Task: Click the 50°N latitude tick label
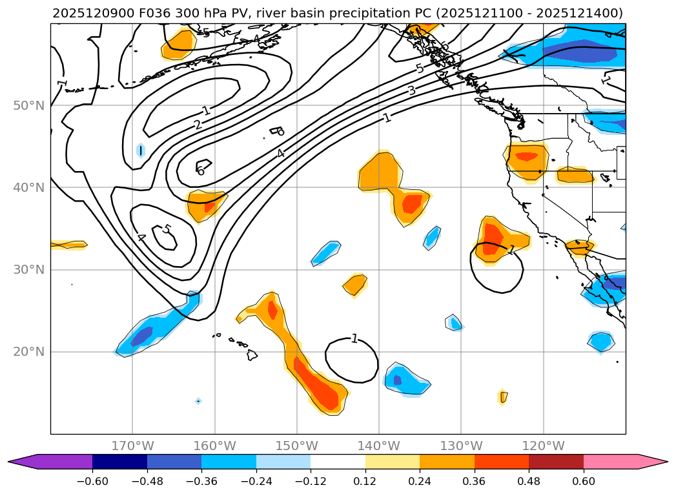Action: [x=28, y=105]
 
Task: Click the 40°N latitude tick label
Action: [x=28, y=188]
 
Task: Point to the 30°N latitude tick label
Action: [x=28, y=270]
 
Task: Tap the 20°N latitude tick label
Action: [x=28, y=352]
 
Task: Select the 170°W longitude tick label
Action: [x=132, y=446]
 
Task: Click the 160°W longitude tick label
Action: [x=214, y=446]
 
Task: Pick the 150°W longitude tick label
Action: [x=296, y=446]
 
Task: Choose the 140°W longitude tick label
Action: [x=378, y=446]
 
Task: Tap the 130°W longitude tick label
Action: [x=461, y=446]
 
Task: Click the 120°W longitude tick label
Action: [x=543, y=446]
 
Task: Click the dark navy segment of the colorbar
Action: [x=119, y=462]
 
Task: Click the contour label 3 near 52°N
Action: [x=412, y=90]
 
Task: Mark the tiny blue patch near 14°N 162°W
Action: [x=198, y=401]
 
